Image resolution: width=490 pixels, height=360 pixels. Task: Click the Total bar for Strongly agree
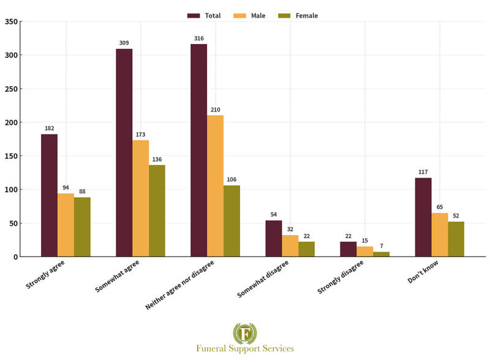pyautogui.click(x=50, y=195)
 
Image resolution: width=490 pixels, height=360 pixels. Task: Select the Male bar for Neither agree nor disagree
pyautogui.click(x=215, y=186)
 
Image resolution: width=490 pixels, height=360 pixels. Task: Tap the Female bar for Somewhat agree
pyautogui.click(x=157, y=211)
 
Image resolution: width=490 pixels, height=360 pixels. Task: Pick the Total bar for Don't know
pyautogui.click(x=423, y=217)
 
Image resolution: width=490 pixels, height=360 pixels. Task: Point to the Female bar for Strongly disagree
pyautogui.click(x=381, y=254)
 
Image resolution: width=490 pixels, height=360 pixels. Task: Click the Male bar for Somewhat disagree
pyautogui.click(x=290, y=246)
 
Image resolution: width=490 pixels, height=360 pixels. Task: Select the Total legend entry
pyautogui.click(x=205, y=15)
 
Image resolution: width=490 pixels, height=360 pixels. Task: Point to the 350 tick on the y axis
pyautogui.click(x=11, y=21)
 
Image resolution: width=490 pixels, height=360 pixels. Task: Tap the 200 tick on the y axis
pyautogui.click(x=11, y=122)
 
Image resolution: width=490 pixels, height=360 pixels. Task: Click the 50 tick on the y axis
pyautogui.click(x=13, y=223)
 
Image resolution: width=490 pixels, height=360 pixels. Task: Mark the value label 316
pyautogui.click(x=198, y=38)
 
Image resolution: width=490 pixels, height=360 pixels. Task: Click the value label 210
pyautogui.click(x=215, y=110)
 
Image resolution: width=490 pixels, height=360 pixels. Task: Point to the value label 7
pyautogui.click(x=381, y=246)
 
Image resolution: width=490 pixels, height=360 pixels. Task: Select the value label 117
pyautogui.click(x=423, y=172)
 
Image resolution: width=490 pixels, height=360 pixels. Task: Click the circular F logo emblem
pyautogui.click(x=245, y=334)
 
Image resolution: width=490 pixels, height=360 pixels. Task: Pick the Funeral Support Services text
pyautogui.click(x=245, y=348)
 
